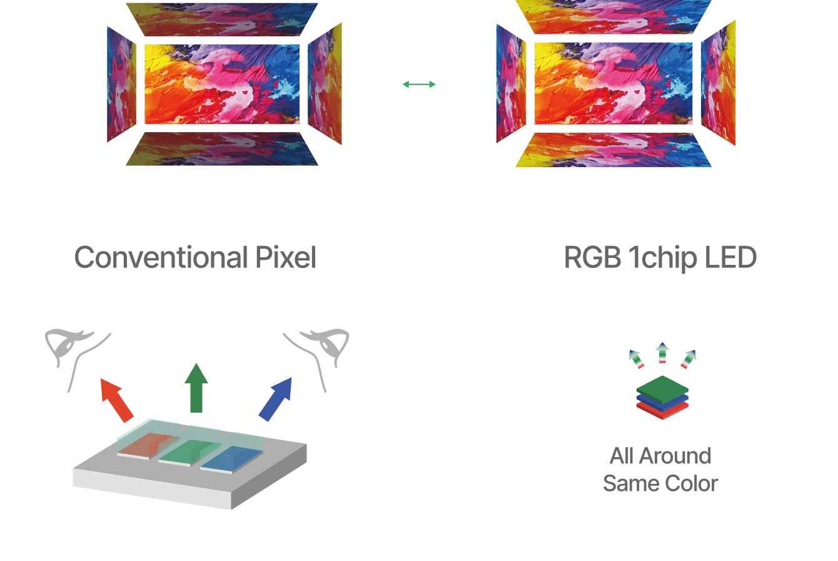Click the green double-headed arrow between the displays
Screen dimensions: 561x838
(419, 85)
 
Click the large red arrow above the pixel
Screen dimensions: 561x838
(117, 399)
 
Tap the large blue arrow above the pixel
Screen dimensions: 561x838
(276, 399)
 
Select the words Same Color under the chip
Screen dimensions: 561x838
(660, 483)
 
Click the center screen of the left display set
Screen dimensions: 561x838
(222, 85)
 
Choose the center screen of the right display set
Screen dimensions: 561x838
(613, 84)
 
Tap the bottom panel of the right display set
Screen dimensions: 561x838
(613, 150)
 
